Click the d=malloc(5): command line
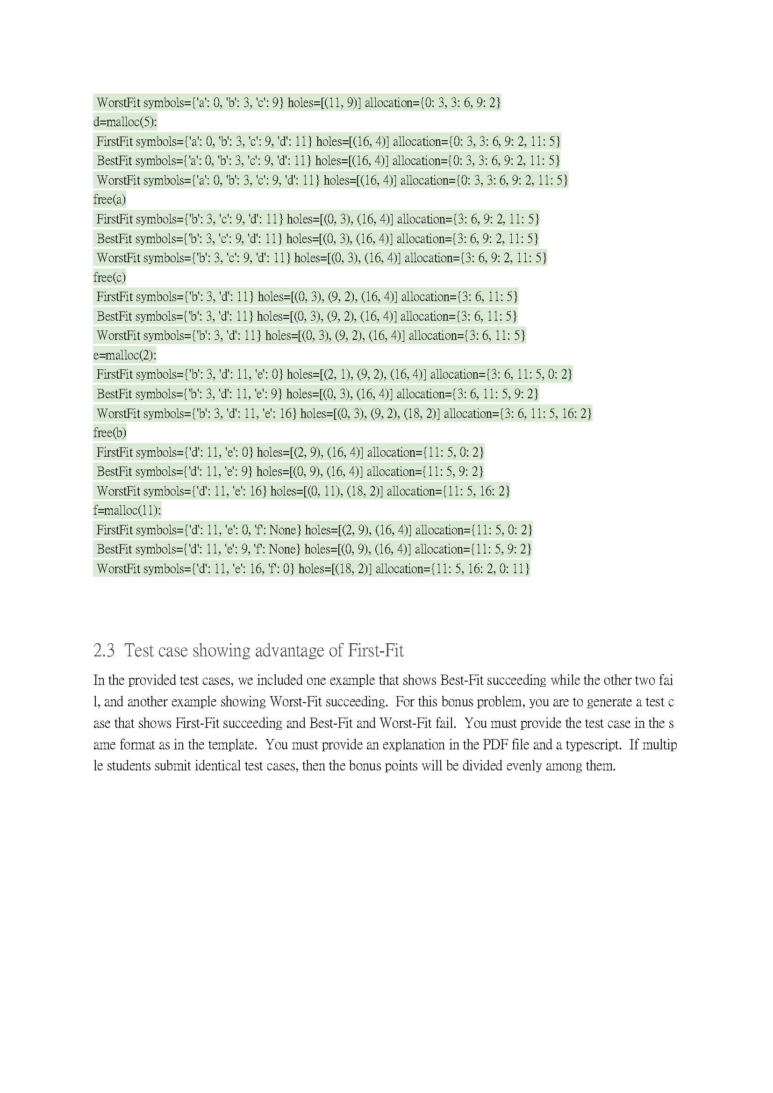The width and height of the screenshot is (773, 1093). click(x=125, y=122)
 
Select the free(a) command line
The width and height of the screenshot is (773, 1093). click(x=109, y=200)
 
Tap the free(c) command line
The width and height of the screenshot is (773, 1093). click(x=109, y=277)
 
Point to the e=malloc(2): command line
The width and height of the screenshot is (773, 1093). click(x=125, y=355)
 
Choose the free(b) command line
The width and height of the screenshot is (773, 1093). click(x=109, y=432)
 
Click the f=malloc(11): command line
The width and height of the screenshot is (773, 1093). click(x=127, y=511)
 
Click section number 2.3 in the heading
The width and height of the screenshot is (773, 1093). click(x=104, y=650)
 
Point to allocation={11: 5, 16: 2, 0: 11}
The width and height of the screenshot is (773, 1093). click(x=452, y=568)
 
